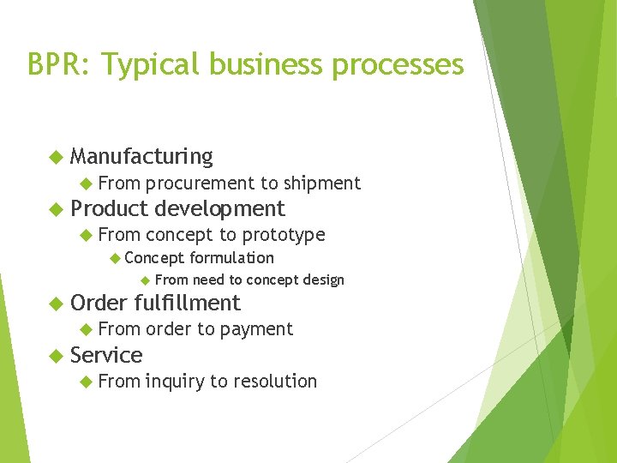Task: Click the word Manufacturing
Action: pyautogui.click(x=141, y=156)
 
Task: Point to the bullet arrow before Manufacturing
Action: pyautogui.click(x=56, y=156)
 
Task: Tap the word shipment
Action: pyautogui.click(x=322, y=183)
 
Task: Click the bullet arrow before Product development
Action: pyautogui.click(x=56, y=208)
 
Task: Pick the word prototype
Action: pyautogui.click(x=284, y=234)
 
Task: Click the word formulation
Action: pyautogui.click(x=231, y=257)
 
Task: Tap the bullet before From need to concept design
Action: pyautogui.click(x=145, y=280)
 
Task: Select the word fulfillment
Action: pyautogui.click(x=188, y=303)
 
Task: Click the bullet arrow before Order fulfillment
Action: pyautogui.click(x=56, y=303)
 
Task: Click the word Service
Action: pyautogui.click(x=106, y=355)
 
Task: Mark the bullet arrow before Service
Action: pyautogui.click(x=56, y=355)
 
